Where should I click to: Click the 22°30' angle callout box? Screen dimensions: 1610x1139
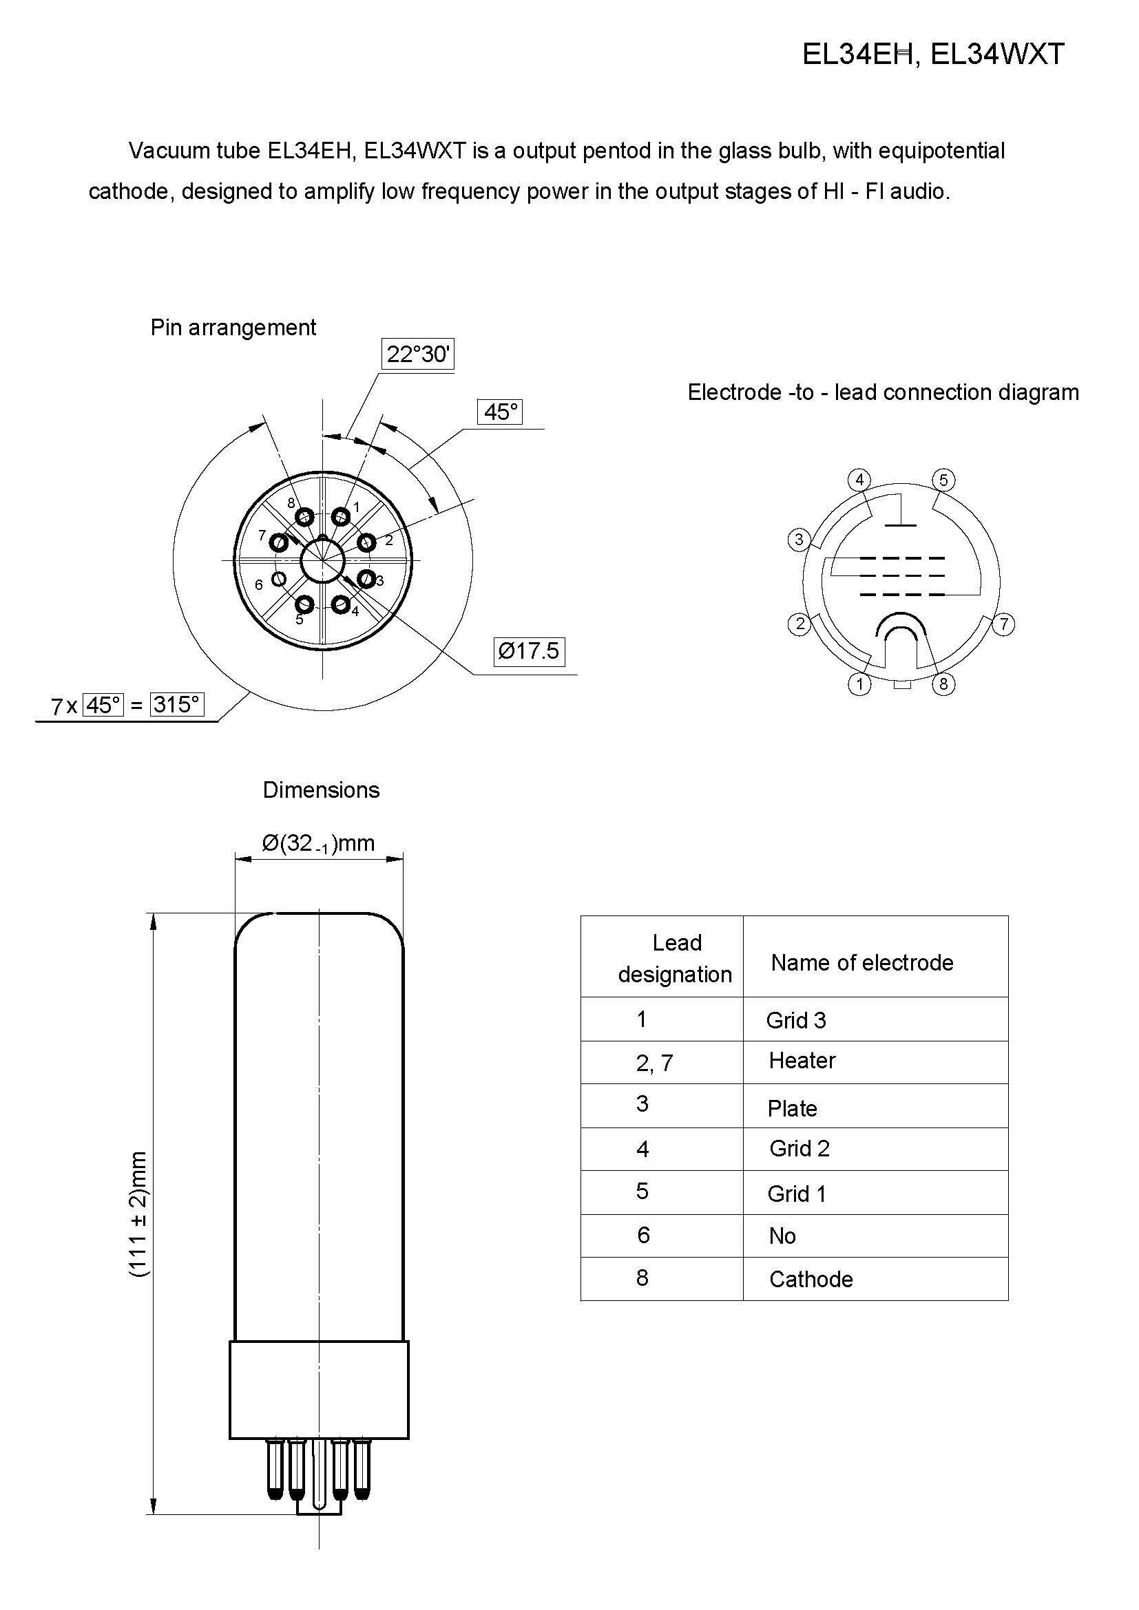tap(418, 354)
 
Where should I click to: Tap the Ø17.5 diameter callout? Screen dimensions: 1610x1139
tap(529, 650)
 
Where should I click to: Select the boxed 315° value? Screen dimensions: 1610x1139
tap(177, 704)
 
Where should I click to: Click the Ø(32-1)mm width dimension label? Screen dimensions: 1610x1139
tap(318, 843)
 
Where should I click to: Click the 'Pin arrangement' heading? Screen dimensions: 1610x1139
tap(233, 328)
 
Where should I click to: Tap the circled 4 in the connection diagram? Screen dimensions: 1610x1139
tap(859, 480)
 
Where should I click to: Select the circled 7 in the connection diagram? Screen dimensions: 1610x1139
tap(1003, 624)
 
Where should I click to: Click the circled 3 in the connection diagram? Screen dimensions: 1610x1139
tap(799, 540)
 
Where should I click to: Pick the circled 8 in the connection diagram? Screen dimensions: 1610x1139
tap(943, 684)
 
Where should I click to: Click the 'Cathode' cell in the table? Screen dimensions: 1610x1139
tap(811, 1279)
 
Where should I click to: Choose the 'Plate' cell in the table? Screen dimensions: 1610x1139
tap(792, 1108)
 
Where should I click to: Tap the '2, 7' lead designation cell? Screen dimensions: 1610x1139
tap(654, 1063)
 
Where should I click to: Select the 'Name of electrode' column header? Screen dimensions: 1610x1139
tap(862, 962)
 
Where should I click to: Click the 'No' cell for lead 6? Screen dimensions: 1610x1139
tap(782, 1236)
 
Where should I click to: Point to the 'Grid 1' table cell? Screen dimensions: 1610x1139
tap(797, 1194)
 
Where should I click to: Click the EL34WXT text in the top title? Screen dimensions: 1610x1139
tap(997, 54)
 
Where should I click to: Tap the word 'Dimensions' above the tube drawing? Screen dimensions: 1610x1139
tap(321, 790)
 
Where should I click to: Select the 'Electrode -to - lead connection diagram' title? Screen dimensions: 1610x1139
tap(883, 392)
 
